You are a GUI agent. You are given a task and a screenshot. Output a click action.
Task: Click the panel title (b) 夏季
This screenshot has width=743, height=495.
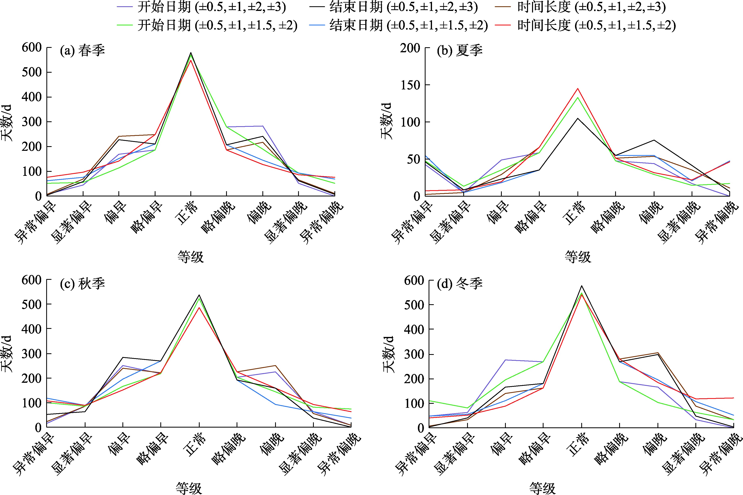[460, 50]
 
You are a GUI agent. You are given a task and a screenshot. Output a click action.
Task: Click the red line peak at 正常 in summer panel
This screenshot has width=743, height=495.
[578, 88]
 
